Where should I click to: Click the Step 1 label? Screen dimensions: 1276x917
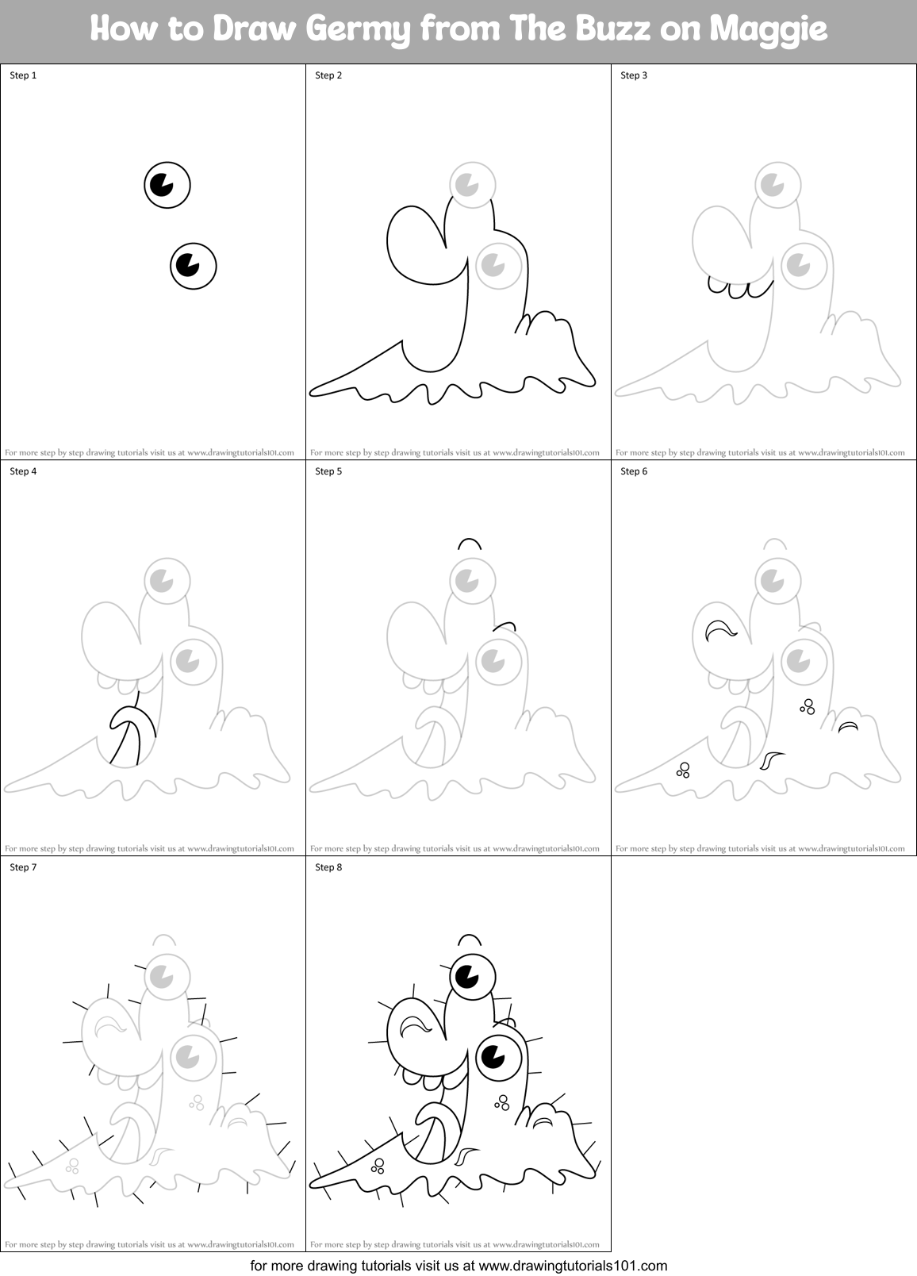(23, 75)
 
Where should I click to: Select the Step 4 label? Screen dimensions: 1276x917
(23, 471)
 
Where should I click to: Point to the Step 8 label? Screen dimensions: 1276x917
(328, 867)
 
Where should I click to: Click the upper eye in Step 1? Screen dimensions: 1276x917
(167, 185)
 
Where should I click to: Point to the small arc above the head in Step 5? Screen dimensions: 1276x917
(469, 544)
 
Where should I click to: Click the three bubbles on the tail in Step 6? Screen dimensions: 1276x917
(683, 769)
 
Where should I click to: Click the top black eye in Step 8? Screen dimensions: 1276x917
(472, 976)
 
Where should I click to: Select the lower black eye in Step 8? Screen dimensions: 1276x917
(498, 1056)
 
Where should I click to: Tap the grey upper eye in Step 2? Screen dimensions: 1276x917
(473, 184)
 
